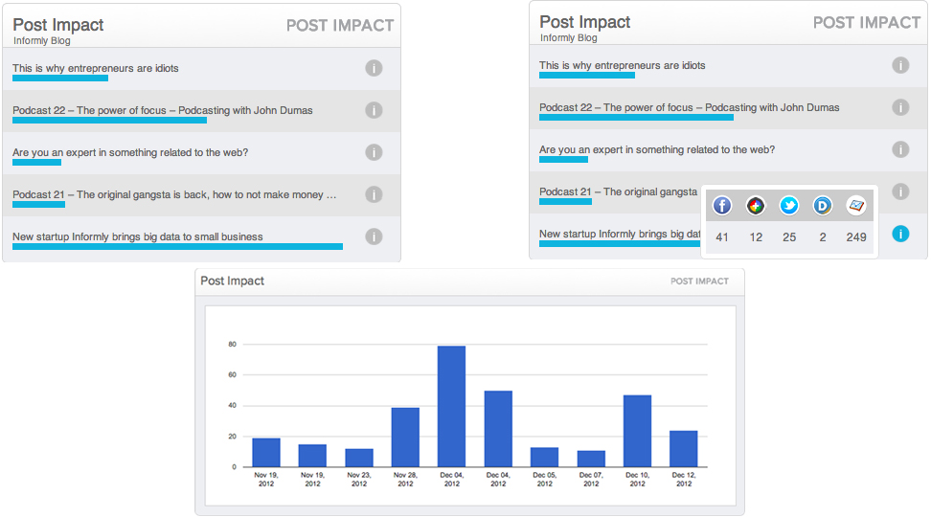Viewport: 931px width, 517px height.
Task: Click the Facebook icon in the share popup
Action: click(722, 205)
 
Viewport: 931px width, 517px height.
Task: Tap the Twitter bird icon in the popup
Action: click(789, 205)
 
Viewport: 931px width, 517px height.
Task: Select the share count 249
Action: click(856, 237)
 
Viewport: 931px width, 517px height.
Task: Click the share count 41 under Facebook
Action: click(722, 237)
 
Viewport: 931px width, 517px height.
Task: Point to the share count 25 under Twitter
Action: click(789, 237)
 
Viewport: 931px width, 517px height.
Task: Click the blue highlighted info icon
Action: click(900, 234)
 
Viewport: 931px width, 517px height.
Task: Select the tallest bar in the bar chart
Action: click(451, 406)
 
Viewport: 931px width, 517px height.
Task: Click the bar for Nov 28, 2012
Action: click(405, 437)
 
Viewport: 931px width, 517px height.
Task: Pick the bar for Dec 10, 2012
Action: click(637, 431)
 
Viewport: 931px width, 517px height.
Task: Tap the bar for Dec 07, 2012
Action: click(591, 459)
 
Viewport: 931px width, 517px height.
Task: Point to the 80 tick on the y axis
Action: click(232, 345)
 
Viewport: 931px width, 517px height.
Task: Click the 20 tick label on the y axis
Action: click(232, 437)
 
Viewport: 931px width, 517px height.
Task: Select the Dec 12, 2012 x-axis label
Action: click(683, 480)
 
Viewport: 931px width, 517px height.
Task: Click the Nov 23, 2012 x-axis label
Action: click(359, 480)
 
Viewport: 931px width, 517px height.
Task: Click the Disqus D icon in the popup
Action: click(823, 205)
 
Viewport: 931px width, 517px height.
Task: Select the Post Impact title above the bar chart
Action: click(232, 281)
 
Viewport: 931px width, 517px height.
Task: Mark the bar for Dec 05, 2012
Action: click(544, 458)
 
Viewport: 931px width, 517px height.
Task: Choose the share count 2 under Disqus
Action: click(823, 237)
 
